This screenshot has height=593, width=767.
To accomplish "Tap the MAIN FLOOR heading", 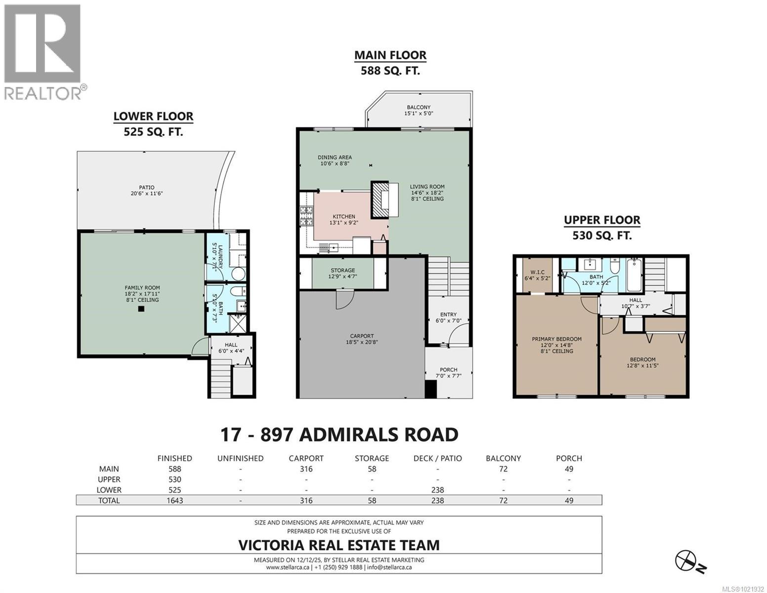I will click(x=390, y=55).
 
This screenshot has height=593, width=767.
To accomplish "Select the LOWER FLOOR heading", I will click(x=153, y=116).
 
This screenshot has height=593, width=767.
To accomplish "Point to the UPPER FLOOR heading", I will click(x=602, y=220).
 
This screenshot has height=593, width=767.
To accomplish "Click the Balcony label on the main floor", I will click(x=418, y=107).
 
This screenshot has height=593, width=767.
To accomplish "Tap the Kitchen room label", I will click(x=343, y=216).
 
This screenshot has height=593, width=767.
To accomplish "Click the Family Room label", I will click(x=142, y=288).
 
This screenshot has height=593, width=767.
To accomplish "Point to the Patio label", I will click(x=146, y=187).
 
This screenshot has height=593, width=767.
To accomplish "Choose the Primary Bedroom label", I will click(x=556, y=339).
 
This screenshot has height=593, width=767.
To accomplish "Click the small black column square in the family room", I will click(x=141, y=309).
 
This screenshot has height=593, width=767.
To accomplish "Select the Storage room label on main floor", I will click(x=342, y=270).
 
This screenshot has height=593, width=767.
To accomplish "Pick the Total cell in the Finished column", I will click(x=174, y=501).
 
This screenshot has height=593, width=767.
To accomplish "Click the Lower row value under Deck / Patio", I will click(x=437, y=490).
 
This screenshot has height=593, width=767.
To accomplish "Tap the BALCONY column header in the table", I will click(x=503, y=458).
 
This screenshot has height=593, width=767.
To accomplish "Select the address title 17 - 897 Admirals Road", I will click(x=339, y=435).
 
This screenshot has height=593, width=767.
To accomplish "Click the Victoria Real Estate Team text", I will click(x=339, y=545).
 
